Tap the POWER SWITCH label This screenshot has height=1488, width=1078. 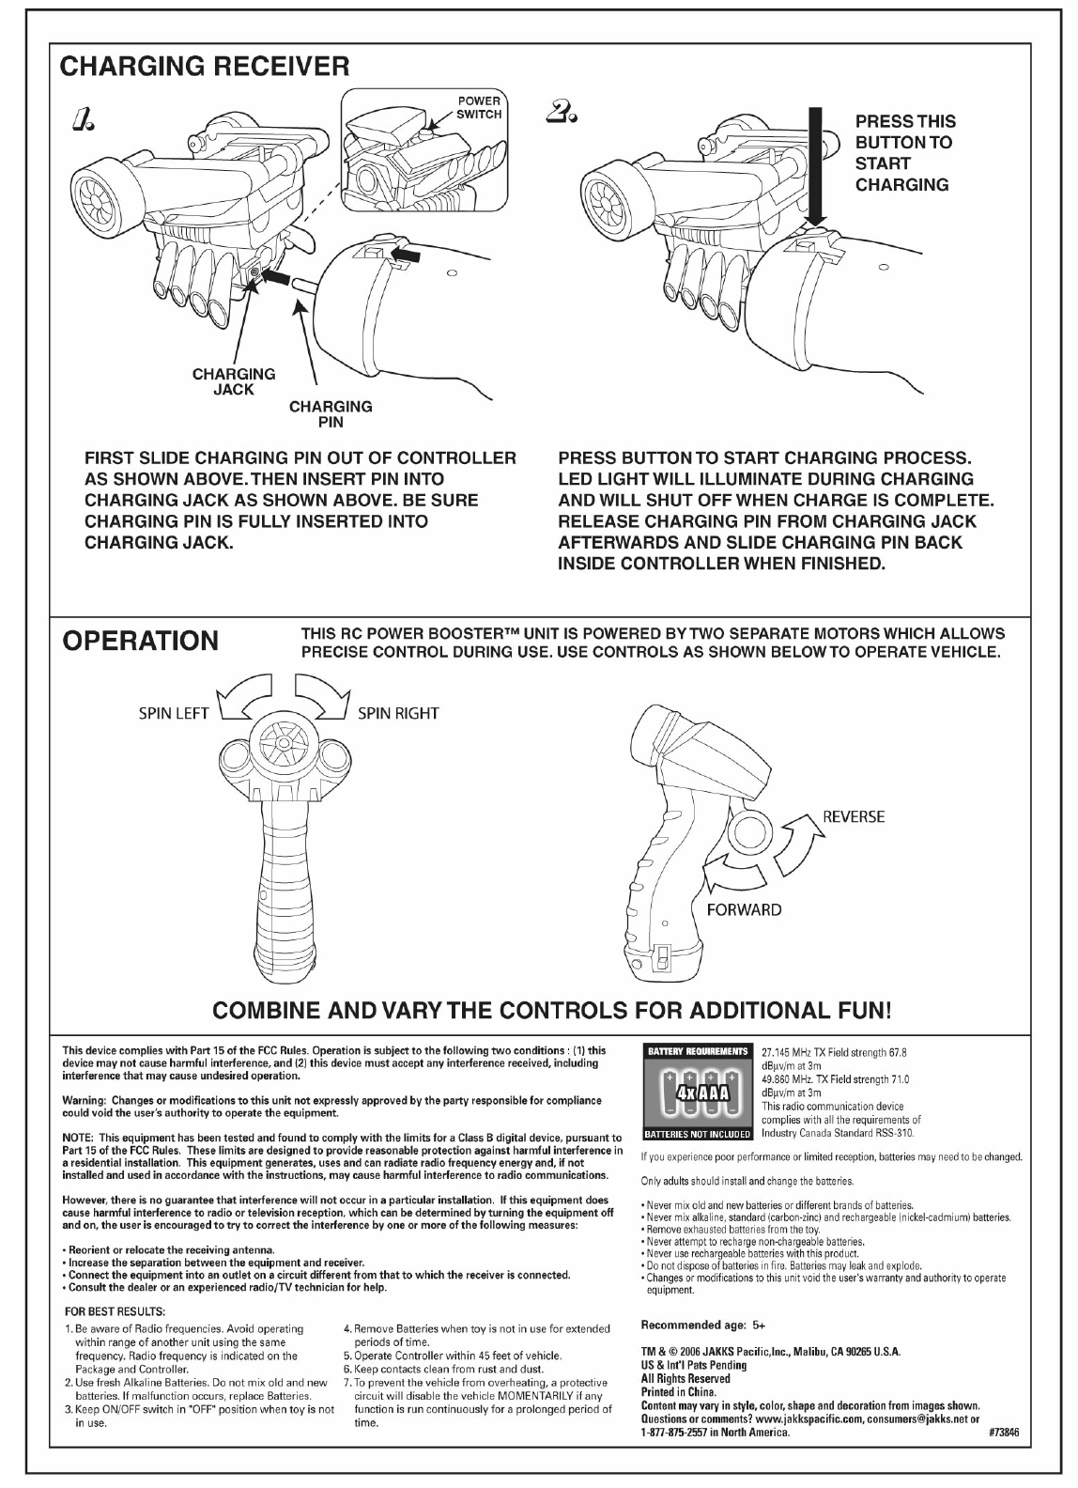(479, 108)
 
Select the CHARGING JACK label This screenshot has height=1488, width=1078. (234, 381)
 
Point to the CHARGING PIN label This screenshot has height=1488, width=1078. (331, 414)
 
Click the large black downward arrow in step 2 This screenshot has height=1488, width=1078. (815, 169)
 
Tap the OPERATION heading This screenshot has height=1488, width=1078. (140, 641)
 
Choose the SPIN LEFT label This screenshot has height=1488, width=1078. (173, 713)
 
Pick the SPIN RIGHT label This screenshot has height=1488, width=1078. (398, 713)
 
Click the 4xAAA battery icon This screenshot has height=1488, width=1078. (696, 1094)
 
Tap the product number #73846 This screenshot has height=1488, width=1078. (1004, 1434)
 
